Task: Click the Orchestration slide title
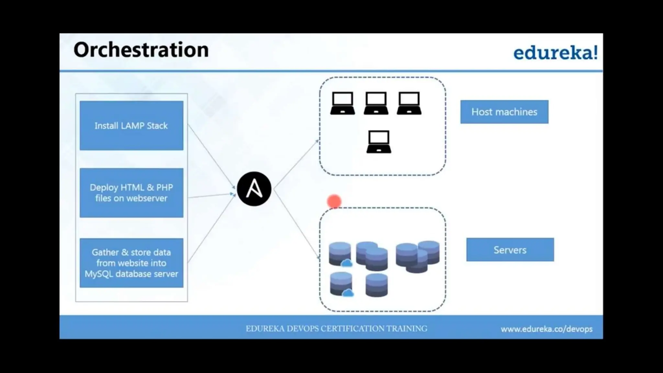(x=141, y=50)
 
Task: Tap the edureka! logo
(x=555, y=53)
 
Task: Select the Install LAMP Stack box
(x=131, y=126)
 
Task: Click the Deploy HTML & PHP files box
(x=131, y=193)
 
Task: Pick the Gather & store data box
(x=131, y=263)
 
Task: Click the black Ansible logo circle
(x=254, y=189)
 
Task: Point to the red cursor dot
(x=334, y=201)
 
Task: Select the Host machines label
(x=504, y=112)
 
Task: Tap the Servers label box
(x=510, y=250)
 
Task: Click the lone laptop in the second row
(x=379, y=141)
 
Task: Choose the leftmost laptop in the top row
(x=343, y=103)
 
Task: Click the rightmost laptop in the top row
(x=409, y=103)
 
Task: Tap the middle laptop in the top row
(x=376, y=103)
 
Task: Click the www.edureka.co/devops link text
(x=546, y=329)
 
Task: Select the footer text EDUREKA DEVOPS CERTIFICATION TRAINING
(x=336, y=329)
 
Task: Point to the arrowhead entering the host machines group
(x=317, y=141)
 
